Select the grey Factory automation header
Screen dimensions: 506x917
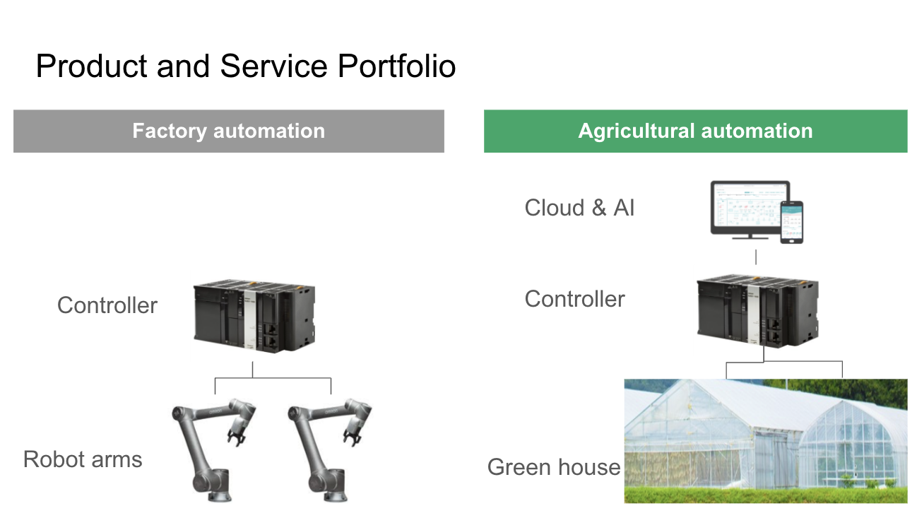228,131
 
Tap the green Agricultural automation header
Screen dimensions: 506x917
695,131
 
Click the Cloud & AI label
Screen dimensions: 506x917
579,208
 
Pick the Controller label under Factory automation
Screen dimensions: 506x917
107,305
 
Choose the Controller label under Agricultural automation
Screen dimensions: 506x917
574,299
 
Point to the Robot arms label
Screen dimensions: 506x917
83,459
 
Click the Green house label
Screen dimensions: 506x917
554,467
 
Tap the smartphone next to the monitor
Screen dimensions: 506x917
792,222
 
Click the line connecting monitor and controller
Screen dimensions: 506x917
756,257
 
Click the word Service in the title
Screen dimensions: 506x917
273,66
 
